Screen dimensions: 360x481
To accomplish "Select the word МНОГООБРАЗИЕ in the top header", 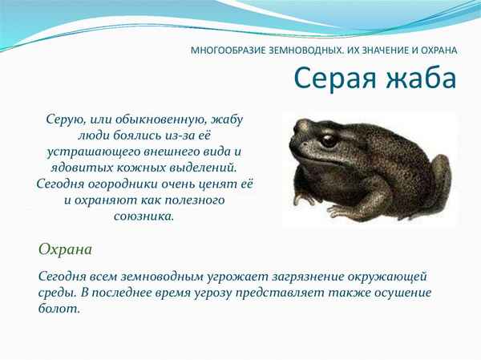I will coord(228,50).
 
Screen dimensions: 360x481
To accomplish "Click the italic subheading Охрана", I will coord(65,249).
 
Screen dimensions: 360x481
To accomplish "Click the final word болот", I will coord(59,309).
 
